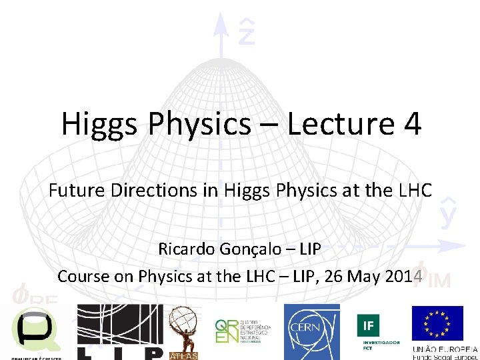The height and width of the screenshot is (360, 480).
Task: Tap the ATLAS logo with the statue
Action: click(x=183, y=333)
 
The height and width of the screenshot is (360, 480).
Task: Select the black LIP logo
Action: click(x=120, y=332)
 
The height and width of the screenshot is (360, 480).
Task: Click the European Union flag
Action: click(x=437, y=324)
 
